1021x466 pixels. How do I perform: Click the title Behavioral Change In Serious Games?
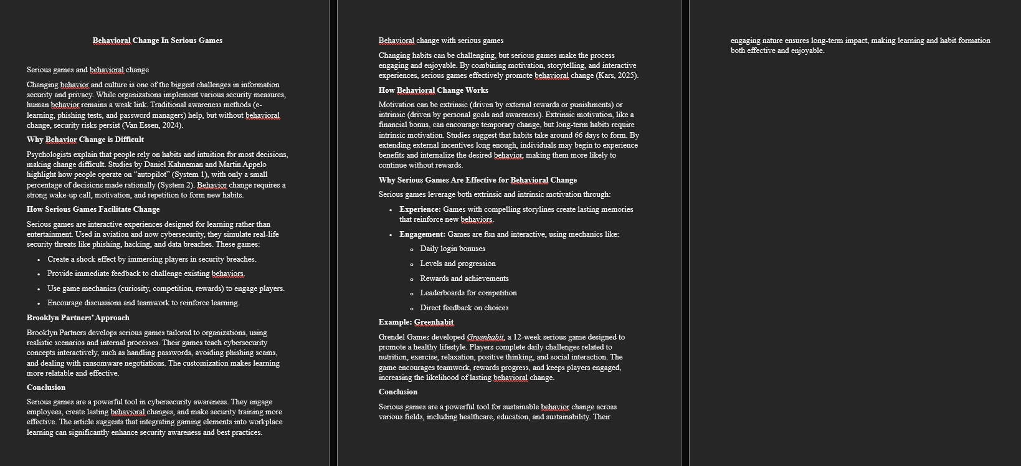pyautogui.click(x=158, y=40)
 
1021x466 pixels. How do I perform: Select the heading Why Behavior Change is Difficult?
pyautogui.click(x=85, y=140)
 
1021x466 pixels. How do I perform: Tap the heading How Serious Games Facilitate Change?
pyautogui.click(x=93, y=209)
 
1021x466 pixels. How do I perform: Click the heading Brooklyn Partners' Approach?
pyautogui.click(x=78, y=318)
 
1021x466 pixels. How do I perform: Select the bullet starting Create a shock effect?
pyautogui.click(x=151, y=259)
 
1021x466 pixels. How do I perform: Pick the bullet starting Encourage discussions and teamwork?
pyautogui.click(x=143, y=303)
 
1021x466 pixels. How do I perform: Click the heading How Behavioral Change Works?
pyautogui.click(x=434, y=90)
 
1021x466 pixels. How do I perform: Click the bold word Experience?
pyautogui.click(x=420, y=209)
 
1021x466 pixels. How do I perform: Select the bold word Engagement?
pyautogui.click(x=422, y=234)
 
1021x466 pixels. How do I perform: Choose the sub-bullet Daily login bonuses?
pyautogui.click(x=453, y=249)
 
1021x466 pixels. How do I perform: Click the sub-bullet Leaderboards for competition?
pyautogui.click(x=468, y=293)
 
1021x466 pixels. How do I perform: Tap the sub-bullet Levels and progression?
pyautogui.click(x=458, y=264)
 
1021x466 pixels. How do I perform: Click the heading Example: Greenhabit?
pyautogui.click(x=416, y=322)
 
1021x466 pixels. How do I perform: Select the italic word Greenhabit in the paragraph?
pyautogui.click(x=485, y=337)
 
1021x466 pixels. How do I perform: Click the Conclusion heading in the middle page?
pyautogui.click(x=398, y=392)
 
